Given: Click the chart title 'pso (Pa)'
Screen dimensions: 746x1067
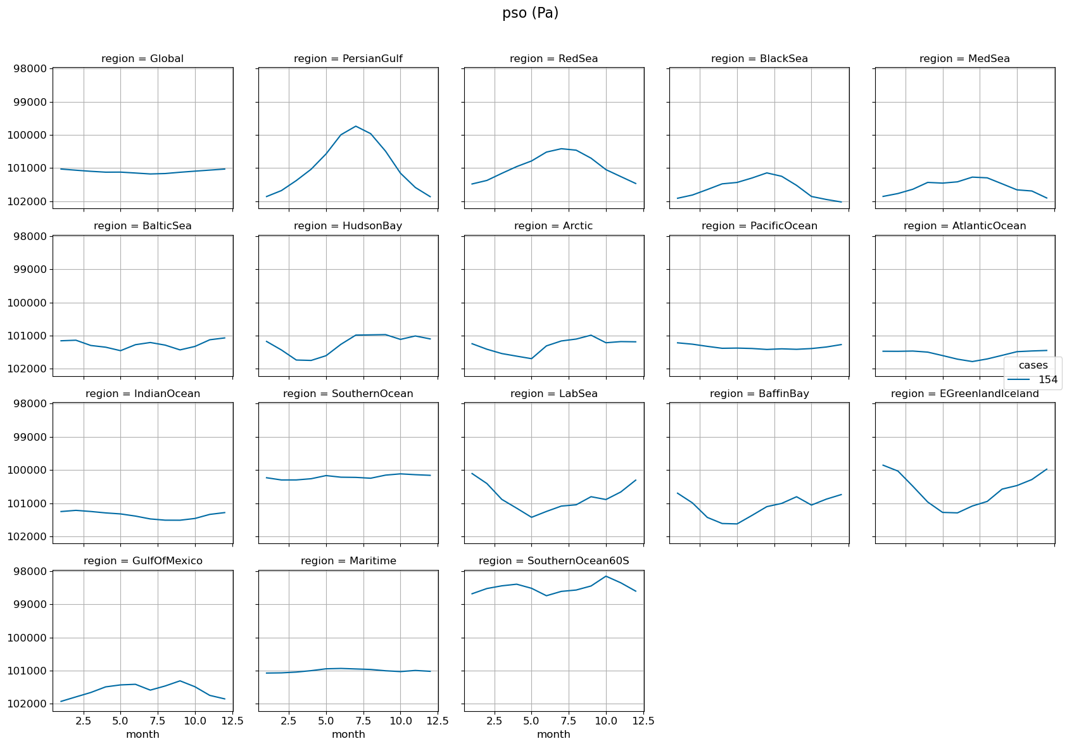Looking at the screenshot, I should [x=530, y=13].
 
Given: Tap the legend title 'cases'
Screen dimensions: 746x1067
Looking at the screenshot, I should [x=1033, y=365].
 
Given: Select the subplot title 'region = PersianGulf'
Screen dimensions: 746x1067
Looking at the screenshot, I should [x=348, y=59].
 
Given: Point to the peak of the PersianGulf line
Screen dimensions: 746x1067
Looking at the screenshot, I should [x=356, y=126].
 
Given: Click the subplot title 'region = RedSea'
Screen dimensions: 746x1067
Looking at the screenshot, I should [x=553, y=59].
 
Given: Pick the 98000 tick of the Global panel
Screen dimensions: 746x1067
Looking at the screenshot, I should [x=30, y=69].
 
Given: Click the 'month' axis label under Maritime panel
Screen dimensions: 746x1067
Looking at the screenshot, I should [x=348, y=735].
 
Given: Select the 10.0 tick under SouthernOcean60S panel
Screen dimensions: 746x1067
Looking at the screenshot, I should [x=606, y=721].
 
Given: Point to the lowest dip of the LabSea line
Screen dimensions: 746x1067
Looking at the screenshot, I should [x=531, y=517].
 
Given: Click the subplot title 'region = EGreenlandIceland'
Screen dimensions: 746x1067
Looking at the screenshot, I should [x=964, y=394].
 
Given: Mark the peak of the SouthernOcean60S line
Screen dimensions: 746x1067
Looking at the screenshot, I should [x=606, y=576].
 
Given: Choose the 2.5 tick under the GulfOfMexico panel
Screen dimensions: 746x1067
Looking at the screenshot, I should [x=83, y=721].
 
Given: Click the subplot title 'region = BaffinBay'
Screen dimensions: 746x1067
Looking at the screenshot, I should [x=759, y=394].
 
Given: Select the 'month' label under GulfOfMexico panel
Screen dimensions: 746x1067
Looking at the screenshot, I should [x=142, y=735].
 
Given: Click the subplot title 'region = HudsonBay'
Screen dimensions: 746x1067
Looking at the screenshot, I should [x=348, y=226].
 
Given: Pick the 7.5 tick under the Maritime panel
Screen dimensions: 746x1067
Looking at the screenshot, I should [x=363, y=721].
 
